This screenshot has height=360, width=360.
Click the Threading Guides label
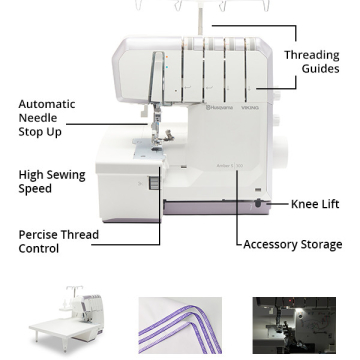click(x=312, y=62)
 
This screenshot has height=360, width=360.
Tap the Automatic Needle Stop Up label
click(x=47, y=118)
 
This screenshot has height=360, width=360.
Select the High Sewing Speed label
click(x=52, y=182)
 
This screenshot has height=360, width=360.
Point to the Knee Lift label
click(x=315, y=204)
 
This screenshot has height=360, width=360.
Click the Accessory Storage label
click(x=293, y=244)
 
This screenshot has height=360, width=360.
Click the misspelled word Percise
click(x=38, y=235)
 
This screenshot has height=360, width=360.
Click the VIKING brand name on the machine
click(x=250, y=108)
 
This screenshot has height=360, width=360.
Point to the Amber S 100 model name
click(x=225, y=166)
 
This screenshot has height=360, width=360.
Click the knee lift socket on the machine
click(x=258, y=203)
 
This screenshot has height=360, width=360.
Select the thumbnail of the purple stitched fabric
click(x=180, y=325)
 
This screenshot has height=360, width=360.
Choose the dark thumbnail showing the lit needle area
click(x=294, y=325)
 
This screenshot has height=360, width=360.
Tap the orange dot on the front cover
click(x=167, y=57)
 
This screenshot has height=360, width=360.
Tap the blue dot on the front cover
click(x=167, y=67)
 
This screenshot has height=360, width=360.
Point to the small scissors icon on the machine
click(x=140, y=183)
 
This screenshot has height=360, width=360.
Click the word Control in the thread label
click(x=39, y=249)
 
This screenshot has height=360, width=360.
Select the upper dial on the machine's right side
click(x=276, y=97)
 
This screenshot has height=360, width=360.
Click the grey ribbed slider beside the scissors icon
click(x=154, y=183)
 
